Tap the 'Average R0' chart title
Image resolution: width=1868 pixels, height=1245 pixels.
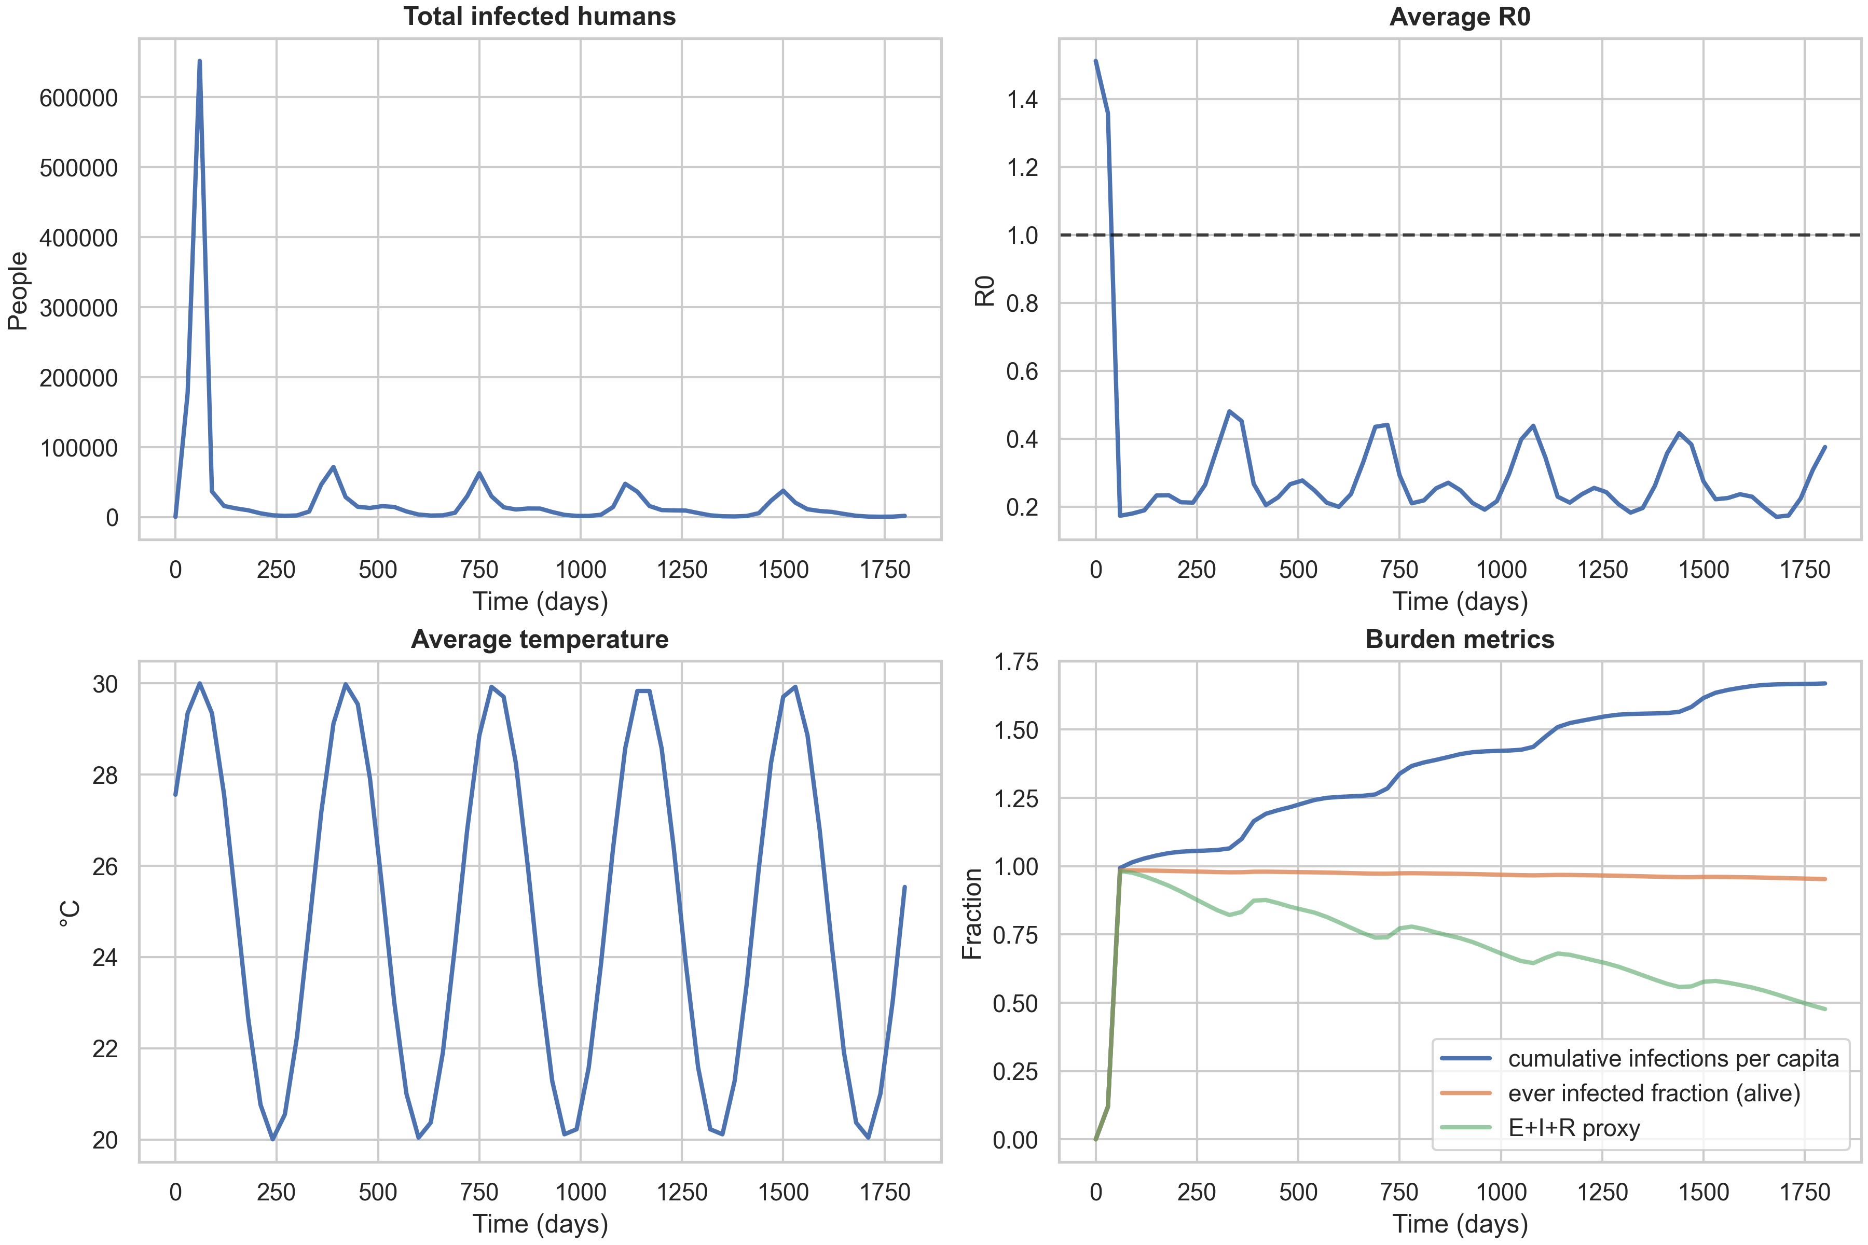click(x=1459, y=17)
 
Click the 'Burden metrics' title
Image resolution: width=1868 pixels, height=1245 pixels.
click(x=1459, y=639)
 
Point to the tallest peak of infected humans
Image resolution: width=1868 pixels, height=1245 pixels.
click(x=199, y=61)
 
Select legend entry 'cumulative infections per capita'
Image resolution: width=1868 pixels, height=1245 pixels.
click(x=1672, y=1058)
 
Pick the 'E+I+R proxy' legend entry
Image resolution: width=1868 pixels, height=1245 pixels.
click(x=1573, y=1128)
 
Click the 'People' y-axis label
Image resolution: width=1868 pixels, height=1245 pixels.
click(x=18, y=290)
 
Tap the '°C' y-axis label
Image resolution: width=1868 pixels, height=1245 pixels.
click(x=70, y=913)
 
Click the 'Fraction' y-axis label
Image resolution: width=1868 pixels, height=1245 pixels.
click(x=972, y=913)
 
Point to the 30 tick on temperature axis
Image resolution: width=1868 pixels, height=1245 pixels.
click(x=105, y=684)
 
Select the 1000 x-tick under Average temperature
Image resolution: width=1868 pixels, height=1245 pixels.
click(x=581, y=1192)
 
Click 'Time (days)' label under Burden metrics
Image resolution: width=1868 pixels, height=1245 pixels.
click(x=1459, y=1224)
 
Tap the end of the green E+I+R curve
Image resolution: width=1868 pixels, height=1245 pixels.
click(x=1825, y=1009)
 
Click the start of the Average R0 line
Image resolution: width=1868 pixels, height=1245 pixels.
click(x=1096, y=61)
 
